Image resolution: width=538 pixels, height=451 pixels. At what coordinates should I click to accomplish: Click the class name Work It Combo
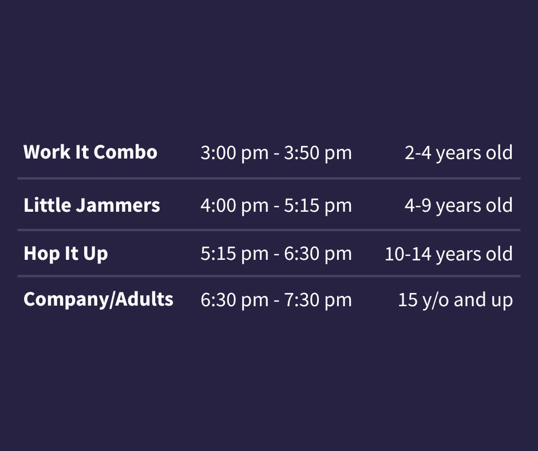point(90,152)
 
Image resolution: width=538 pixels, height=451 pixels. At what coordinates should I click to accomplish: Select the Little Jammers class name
point(92,206)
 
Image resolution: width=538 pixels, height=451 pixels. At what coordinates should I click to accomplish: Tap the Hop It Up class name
point(66,254)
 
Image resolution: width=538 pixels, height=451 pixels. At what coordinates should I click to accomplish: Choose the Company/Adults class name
point(98,300)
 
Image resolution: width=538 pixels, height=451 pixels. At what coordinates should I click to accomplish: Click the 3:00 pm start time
point(234,153)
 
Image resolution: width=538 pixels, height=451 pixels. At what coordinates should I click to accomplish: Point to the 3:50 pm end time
point(318,153)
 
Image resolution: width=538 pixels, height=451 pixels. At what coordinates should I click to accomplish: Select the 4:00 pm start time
point(234,206)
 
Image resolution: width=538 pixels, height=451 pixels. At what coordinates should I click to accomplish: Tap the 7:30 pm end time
point(318,300)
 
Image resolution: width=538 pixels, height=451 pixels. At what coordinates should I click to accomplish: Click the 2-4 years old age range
point(458,153)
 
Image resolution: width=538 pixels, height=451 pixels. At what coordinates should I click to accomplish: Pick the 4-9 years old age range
point(458,206)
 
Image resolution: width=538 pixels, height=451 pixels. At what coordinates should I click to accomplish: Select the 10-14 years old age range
point(449,254)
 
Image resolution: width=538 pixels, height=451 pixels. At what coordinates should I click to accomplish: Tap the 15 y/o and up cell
point(456,300)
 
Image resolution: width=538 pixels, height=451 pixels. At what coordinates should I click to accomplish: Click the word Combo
point(125,152)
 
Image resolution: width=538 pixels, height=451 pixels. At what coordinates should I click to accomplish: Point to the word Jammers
point(118,206)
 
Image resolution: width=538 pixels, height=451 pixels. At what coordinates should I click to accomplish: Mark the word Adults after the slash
point(144,299)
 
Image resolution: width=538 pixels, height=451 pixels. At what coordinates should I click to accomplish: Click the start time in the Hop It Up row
point(234,254)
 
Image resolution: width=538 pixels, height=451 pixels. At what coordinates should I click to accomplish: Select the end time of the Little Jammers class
point(318,206)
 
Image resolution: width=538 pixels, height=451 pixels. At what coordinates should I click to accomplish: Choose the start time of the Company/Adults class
point(234,300)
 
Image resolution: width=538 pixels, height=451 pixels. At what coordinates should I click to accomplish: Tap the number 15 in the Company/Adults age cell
point(408,300)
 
